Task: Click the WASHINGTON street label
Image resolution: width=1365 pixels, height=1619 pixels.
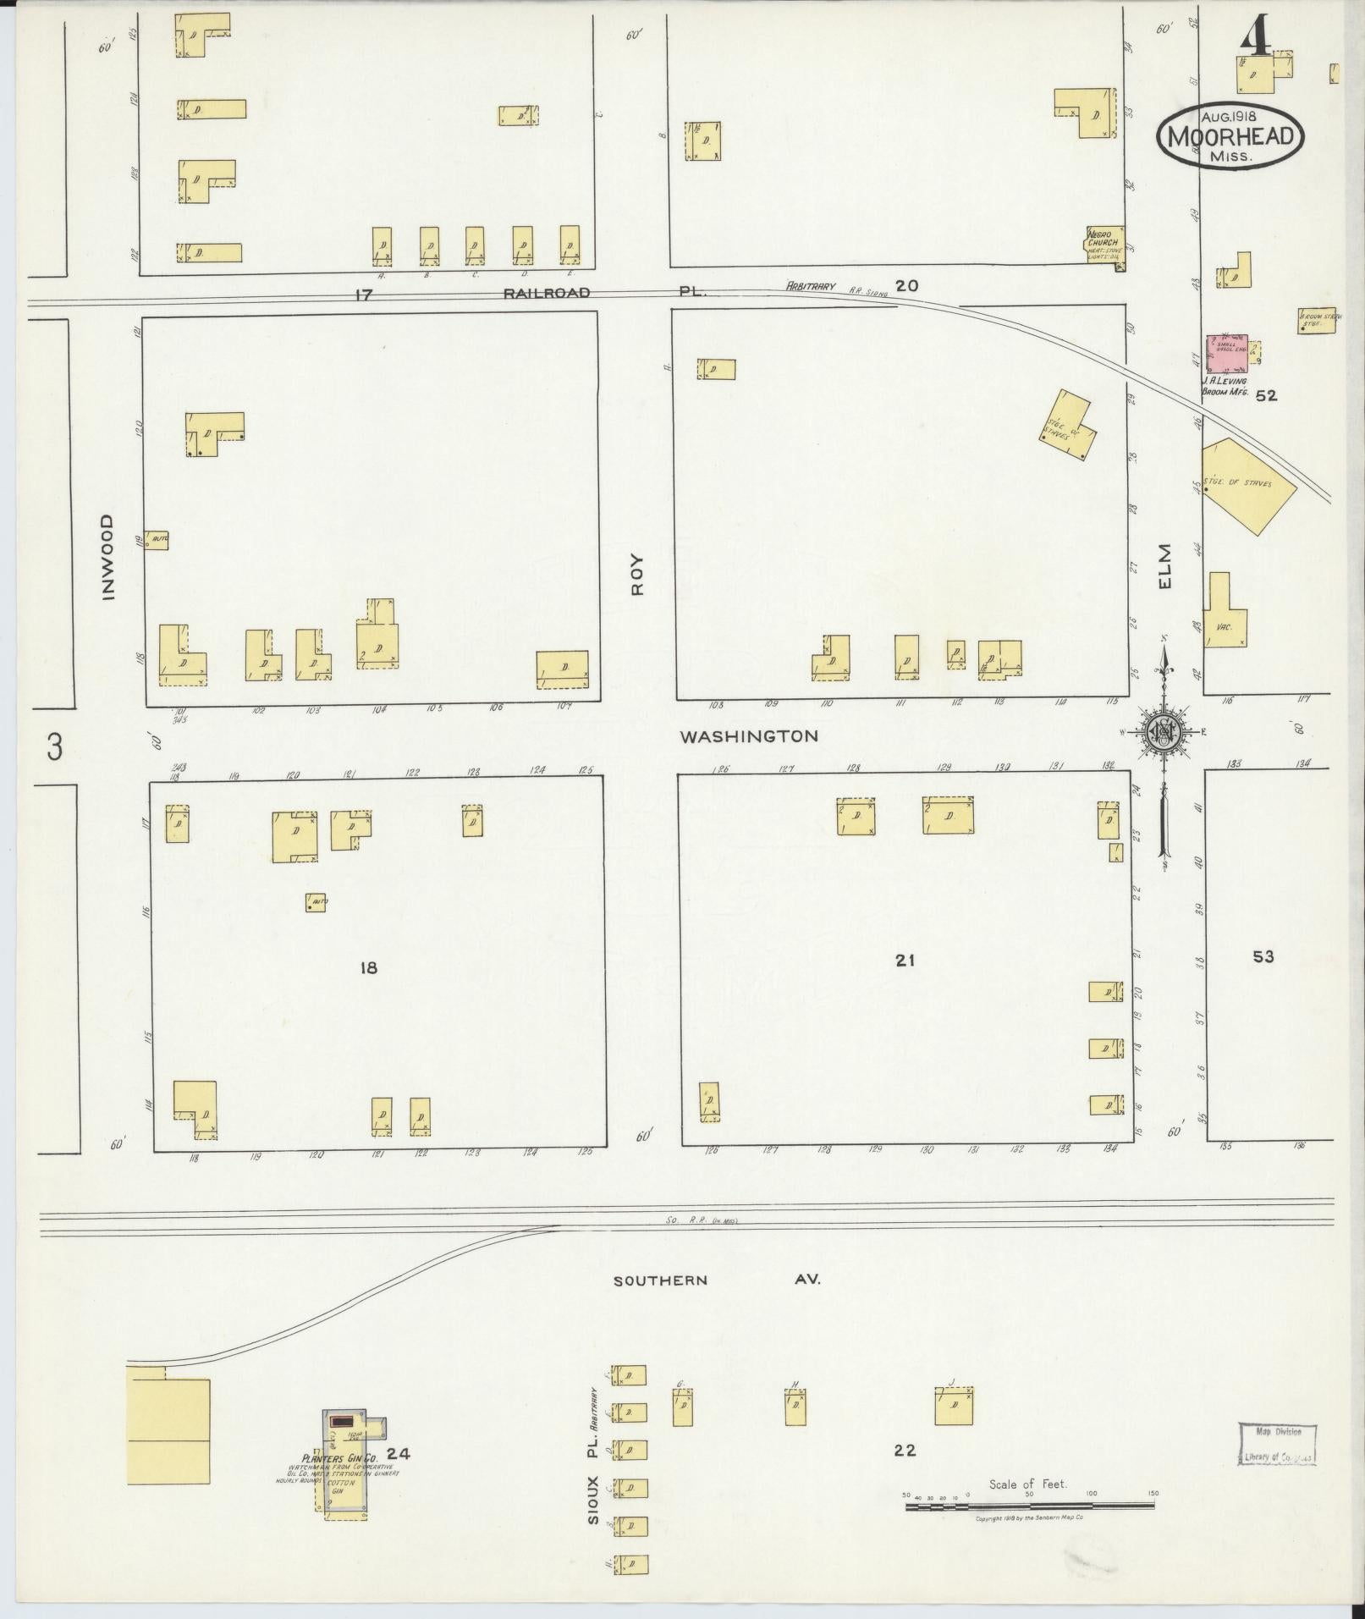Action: click(x=749, y=736)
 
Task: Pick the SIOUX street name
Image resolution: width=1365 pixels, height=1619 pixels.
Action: click(x=594, y=1499)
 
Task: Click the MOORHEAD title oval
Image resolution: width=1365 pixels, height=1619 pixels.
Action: click(x=1230, y=136)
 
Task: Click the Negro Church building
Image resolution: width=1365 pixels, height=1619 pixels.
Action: click(x=1105, y=243)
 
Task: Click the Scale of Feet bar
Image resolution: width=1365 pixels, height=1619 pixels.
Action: click(x=1029, y=1506)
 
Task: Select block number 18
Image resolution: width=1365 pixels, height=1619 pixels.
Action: click(x=368, y=968)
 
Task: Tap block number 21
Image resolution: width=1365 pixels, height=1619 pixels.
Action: click(x=905, y=960)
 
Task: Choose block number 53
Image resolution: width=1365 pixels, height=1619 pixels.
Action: click(x=1263, y=957)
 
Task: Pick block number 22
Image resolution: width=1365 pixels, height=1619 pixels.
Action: click(x=905, y=1450)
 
